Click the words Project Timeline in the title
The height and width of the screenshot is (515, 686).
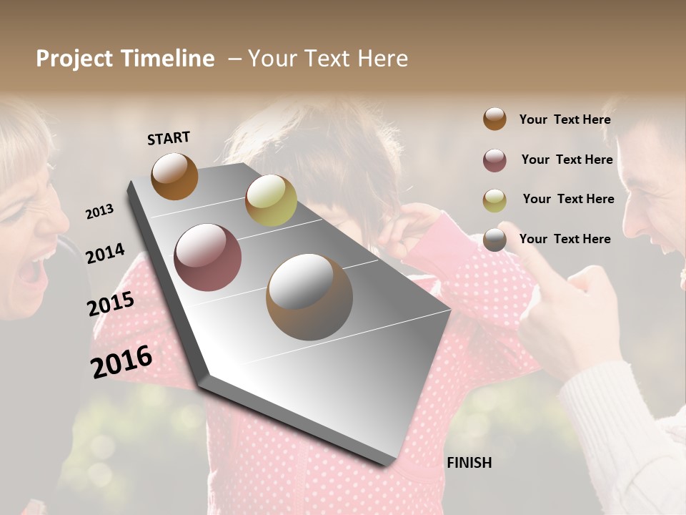coord(125,59)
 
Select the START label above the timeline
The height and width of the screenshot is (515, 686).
coord(169,138)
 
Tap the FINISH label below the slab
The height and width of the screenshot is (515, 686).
coord(469,463)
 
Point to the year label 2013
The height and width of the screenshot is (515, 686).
coord(99,212)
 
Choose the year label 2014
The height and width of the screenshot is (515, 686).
coord(105,253)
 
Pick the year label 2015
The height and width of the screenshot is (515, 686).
coord(111,304)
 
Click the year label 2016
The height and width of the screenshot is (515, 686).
coord(121,361)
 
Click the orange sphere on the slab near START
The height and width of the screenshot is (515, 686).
coord(174,176)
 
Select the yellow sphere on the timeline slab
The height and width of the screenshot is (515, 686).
coord(271,200)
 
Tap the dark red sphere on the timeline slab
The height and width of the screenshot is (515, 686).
coord(208,257)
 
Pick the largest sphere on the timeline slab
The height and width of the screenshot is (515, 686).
coord(309,297)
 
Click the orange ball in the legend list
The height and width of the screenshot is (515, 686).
coord(494,119)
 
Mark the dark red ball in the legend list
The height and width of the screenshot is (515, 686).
coord(494,160)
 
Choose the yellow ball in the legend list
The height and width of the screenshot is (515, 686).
coord(494,200)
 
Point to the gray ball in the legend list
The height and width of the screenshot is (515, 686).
coord(494,240)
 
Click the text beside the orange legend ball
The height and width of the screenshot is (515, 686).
coord(565,119)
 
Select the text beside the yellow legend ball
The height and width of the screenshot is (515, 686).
coord(568,199)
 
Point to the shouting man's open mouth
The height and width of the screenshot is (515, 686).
coord(670,243)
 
